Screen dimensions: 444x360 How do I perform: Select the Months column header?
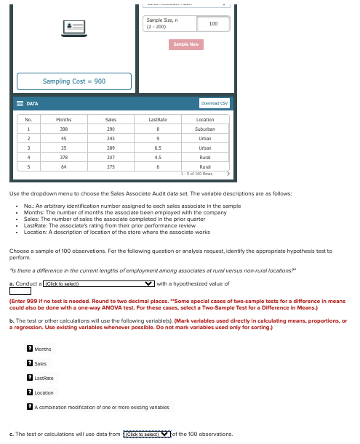(x=64, y=118)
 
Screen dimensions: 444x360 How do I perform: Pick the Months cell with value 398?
(x=64, y=128)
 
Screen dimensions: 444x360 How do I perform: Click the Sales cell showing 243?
(x=111, y=137)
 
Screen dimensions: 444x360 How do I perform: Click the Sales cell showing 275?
(x=111, y=166)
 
